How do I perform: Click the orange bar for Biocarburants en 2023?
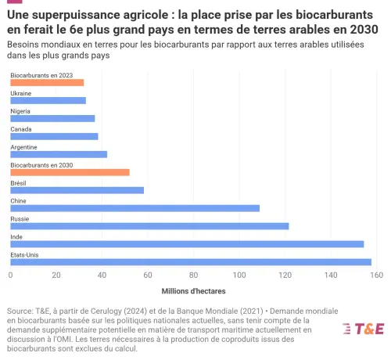click(47, 82)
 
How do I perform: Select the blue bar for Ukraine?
click(48, 100)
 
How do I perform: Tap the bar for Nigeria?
click(52, 118)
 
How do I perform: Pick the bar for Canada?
click(54, 136)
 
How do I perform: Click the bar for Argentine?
click(59, 154)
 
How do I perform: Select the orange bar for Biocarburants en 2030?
click(70, 172)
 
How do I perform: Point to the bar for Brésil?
click(77, 190)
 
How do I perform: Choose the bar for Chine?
click(135, 208)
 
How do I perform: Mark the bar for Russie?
click(149, 226)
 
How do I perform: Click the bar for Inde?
click(187, 244)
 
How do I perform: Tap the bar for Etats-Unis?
click(191, 262)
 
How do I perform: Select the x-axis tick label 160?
click(376, 275)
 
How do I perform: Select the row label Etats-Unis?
click(24, 254)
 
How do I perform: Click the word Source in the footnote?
click(20, 310)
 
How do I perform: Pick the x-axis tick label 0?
click(11, 275)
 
